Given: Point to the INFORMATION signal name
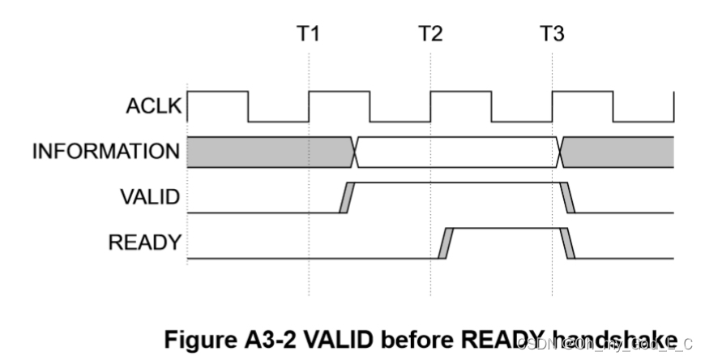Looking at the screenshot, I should [105, 151].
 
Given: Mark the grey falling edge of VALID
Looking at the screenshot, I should [568, 198].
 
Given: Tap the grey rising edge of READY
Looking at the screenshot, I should [444, 243].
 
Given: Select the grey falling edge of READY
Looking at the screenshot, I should [569, 243].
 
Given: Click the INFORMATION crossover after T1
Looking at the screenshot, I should [355, 152].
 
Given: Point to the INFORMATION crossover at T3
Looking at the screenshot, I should [559, 152].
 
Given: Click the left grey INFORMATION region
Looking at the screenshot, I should [267, 152].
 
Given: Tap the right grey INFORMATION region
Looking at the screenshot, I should [620, 152].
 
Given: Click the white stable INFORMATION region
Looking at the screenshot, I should [458, 152].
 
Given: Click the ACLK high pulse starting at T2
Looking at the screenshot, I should [460, 92].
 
